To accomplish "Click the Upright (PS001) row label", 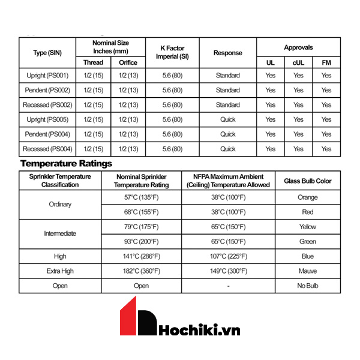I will click(47, 76).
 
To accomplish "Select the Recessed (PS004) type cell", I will click(47, 149).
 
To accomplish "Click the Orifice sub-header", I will click(128, 62).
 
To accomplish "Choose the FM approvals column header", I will click(326, 62).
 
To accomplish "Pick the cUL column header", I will click(298, 62).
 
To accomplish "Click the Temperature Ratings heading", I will click(66, 163).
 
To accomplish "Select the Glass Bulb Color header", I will click(307, 181).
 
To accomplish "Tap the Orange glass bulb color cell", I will click(307, 197).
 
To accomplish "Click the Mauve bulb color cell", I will click(307, 271).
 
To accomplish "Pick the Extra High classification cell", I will click(60, 271).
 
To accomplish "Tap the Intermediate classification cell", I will click(60, 234).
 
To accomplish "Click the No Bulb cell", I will click(307, 286).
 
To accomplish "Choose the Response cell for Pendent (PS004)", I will click(227, 134).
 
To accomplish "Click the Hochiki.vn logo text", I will click(199, 331).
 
